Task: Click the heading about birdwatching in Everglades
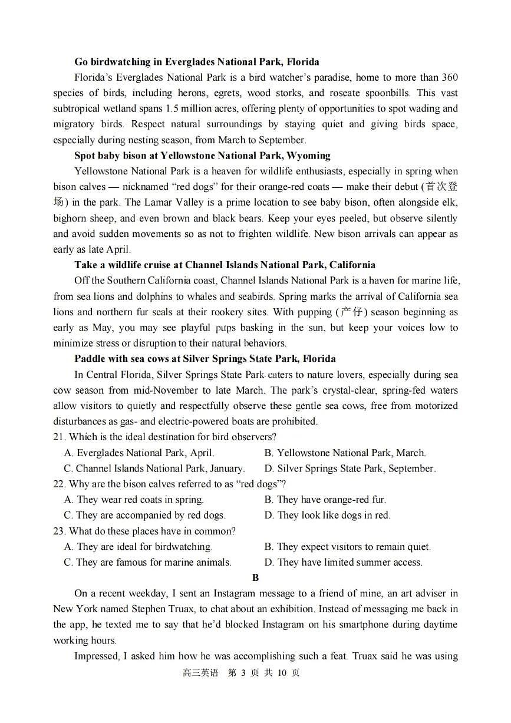click(x=196, y=62)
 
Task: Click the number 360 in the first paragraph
click(x=449, y=77)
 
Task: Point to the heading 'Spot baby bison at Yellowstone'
click(x=202, y=156)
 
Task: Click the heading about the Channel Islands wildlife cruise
click(x=225, y=265)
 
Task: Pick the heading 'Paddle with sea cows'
click(x=205, y=358)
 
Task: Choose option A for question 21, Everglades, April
click(x=139, y=453)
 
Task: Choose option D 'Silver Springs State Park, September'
click(x=350, y=469)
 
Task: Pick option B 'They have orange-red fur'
click(x=325, y=500)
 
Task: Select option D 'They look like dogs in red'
click(x=327, y=515)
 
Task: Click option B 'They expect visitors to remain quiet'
click(x=348, y=547)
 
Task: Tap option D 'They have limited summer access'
click(x=343, y=562)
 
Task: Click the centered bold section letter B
click(x=255, y=578)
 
